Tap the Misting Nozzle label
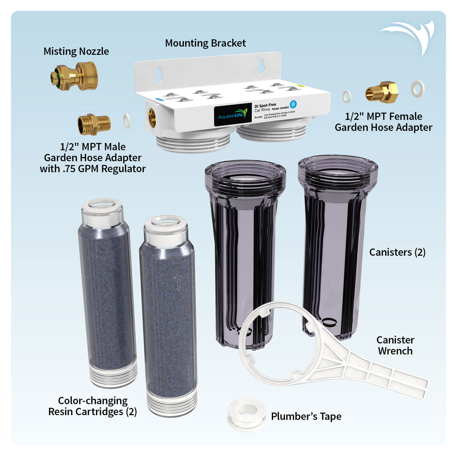[x=76, y=52]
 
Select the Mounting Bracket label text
[x=205, y=43]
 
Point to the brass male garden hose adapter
[x=94, y=124]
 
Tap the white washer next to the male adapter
[x=127, y=120]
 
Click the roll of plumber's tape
[x=246, y=414]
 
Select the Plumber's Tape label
[x=306, y=416]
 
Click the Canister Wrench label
[x=395, y=345]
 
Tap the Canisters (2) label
[x=397, y=252]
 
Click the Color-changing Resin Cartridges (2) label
[x=92, y=406]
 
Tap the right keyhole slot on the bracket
[x=261, y=66]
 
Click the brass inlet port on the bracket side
[x=152, y=118]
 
